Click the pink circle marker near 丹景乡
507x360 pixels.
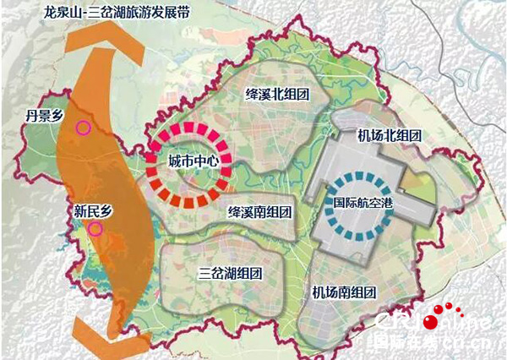(83, 128)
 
